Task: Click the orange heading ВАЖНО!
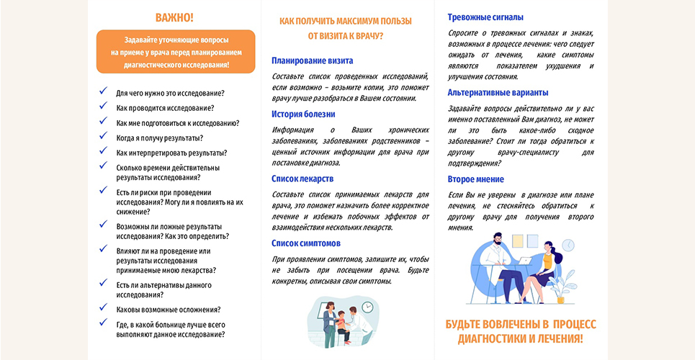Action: (174, 17)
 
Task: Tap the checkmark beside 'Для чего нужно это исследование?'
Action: (103, 92)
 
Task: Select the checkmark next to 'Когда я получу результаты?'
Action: (103, 137)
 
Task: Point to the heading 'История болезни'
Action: (303, 114)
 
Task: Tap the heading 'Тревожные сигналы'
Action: (485, 17)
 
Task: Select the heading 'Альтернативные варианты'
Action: (498, 92)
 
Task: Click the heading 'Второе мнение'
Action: (475, 179)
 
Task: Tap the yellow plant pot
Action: (560, 298)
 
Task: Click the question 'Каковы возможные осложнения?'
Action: (169, 310)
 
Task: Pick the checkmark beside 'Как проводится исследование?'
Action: (103, 107)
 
